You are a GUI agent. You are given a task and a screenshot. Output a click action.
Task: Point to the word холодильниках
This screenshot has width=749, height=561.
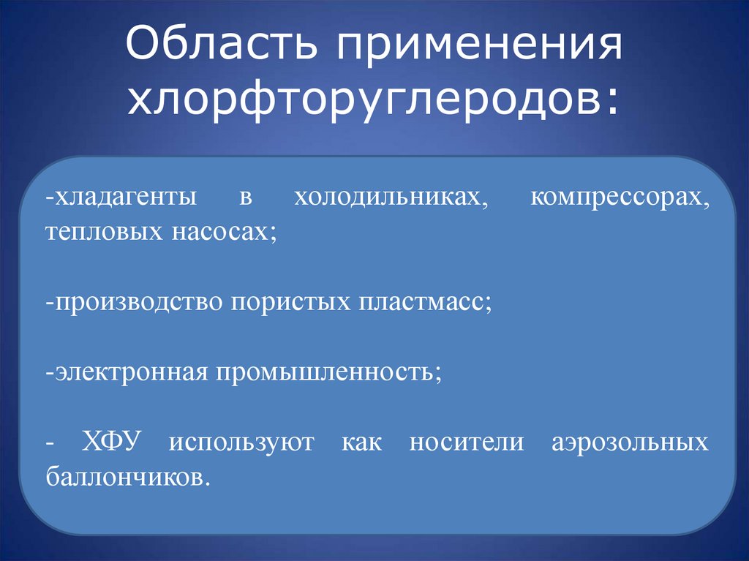point(390,198)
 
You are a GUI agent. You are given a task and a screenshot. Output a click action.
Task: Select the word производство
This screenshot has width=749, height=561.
point(135,302)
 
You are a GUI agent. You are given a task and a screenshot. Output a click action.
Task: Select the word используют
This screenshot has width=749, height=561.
point(241,443)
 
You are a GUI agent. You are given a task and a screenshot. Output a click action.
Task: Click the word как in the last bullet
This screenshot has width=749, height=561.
point(361,443)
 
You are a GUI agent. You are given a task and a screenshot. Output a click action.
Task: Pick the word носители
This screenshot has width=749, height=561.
point(467,443)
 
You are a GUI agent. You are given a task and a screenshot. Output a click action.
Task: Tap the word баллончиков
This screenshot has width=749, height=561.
point(127,477)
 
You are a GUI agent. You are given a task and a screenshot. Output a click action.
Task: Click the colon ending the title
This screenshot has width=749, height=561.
point(611,102)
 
